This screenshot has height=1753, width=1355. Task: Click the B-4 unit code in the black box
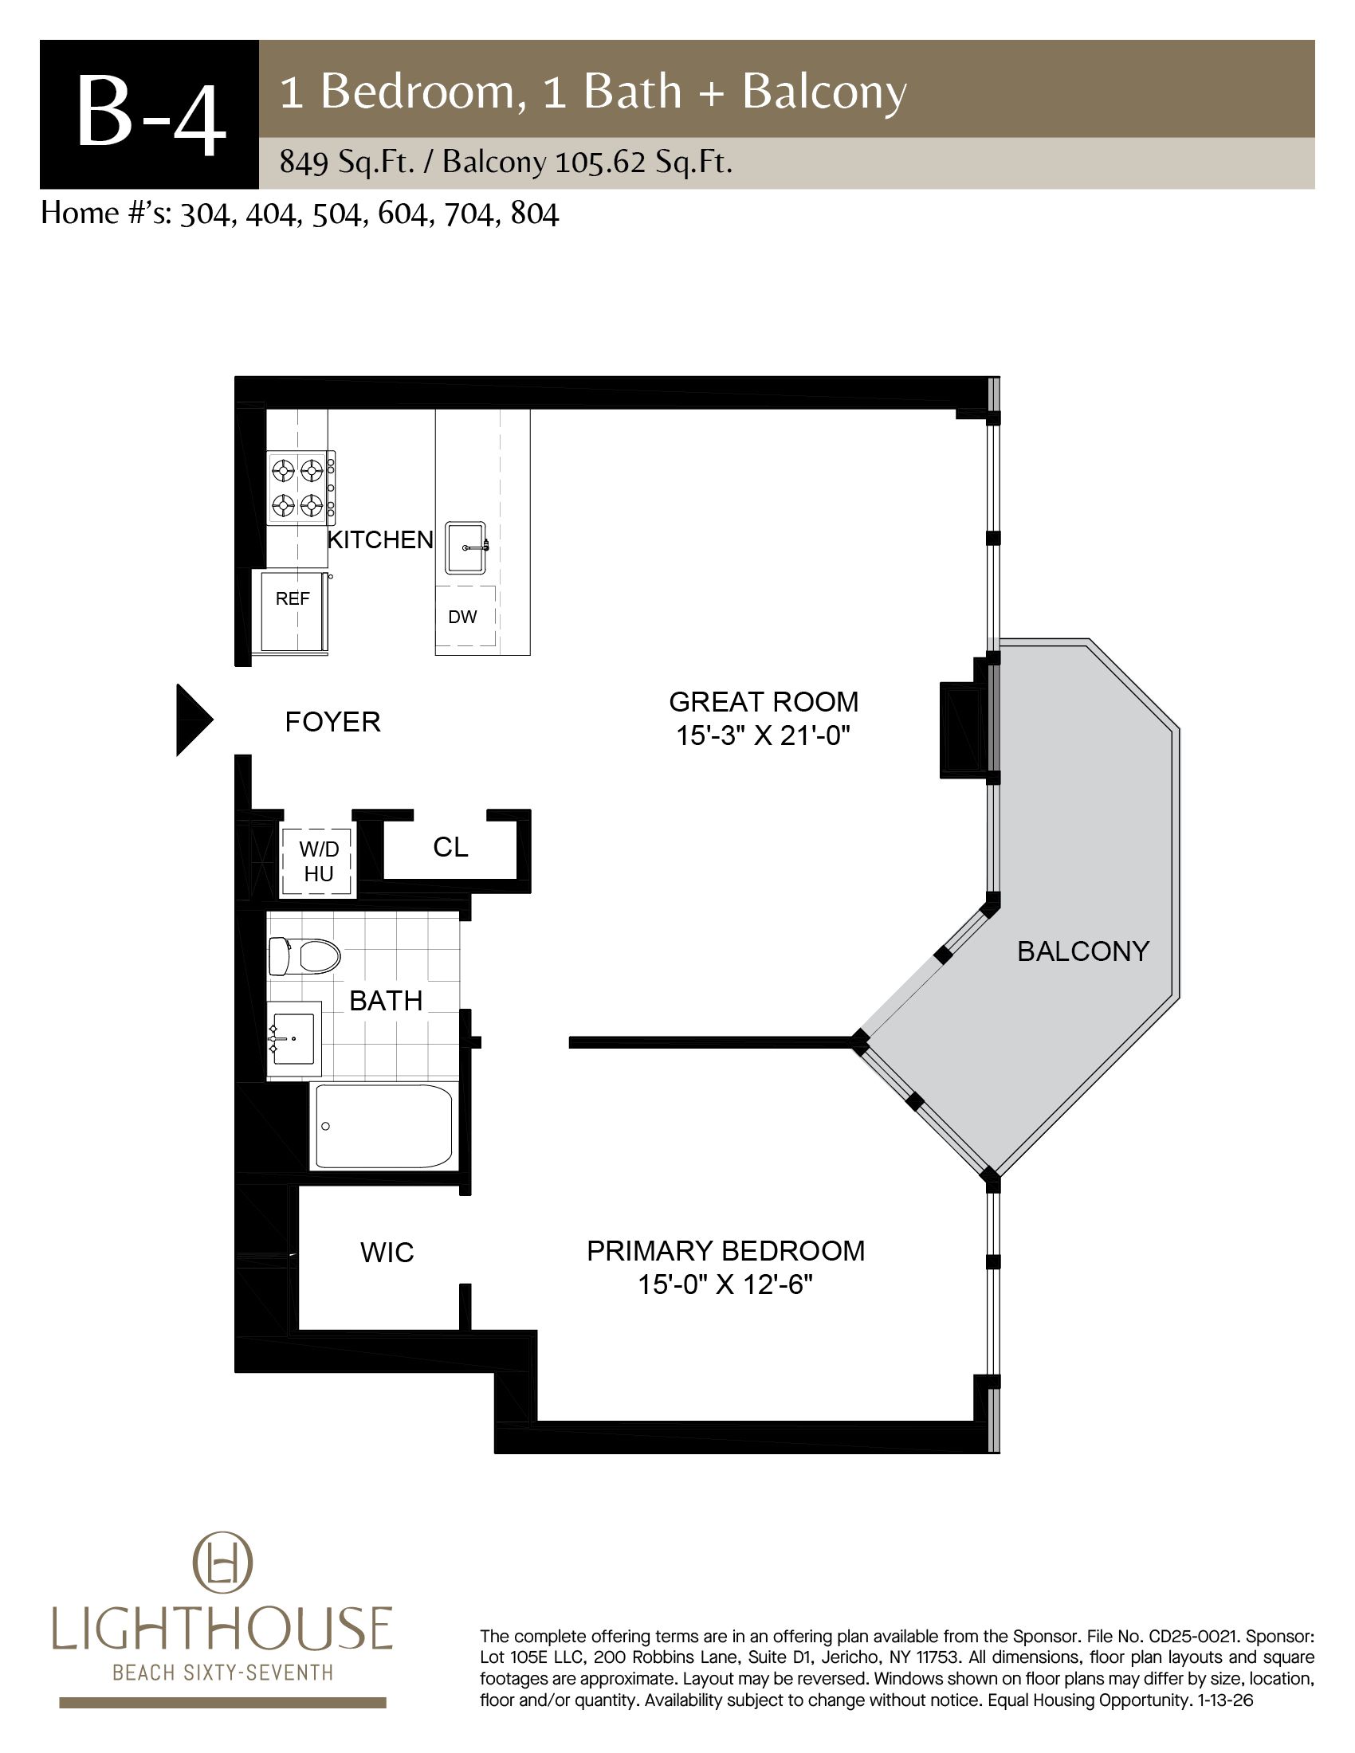(150, 115)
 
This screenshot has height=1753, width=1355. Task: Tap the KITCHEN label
(380, 540)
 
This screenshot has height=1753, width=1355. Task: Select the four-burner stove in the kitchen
(301, 487)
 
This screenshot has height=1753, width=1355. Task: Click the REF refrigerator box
(293, 612)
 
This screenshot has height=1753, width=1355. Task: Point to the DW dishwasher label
(462, 617)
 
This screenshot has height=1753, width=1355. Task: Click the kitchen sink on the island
(466, 547)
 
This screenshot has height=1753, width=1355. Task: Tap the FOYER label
(332, 723)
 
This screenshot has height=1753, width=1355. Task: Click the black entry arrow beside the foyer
(194, 720)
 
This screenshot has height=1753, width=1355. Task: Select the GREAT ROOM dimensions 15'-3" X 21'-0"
(763, 735)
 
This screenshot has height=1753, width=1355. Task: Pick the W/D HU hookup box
(318, 861)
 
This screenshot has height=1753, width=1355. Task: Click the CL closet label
(450, 847)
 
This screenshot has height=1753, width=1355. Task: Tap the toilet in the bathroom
(304, 956)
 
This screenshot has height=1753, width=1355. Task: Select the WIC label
(387, 1253)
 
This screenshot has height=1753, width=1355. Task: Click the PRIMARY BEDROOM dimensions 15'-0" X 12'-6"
(725, 1285)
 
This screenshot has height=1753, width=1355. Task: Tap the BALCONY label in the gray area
(1083, 951)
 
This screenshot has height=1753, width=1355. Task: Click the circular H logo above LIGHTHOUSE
(222, 1563)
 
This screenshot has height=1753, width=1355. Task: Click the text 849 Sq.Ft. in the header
(347, 163)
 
